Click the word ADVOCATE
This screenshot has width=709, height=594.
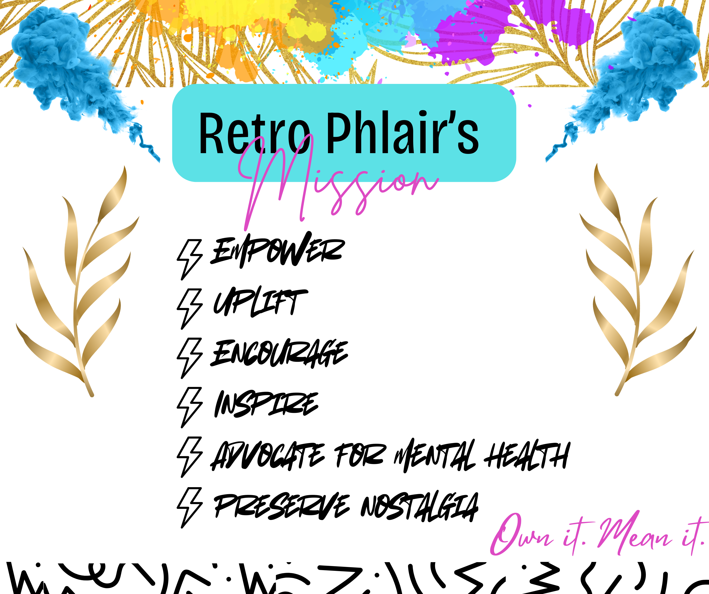pyautogui.click(x=267, y=456)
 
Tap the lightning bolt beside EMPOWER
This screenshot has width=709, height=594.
pyautogui.click(x=189, y=259)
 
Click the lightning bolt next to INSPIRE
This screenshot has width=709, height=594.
pyautogui.click(x=189, y=407)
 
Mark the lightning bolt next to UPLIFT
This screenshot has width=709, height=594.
pyautogui.click(x=189, y=309)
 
